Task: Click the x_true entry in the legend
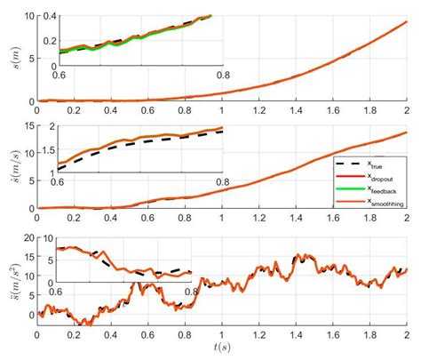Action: (x=383, y=164)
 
